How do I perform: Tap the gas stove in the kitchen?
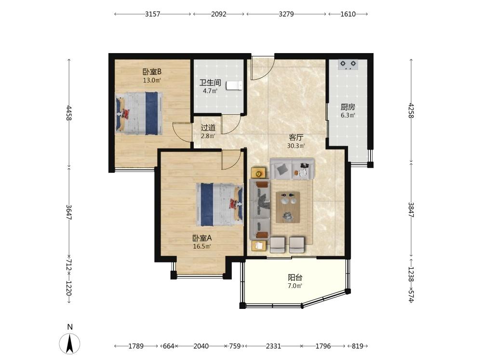pyautogui.click(x=348, y=65)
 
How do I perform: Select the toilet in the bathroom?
pyautogui.click(x=234, y=85)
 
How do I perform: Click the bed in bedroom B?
pyautogui.click(x=139, y=113)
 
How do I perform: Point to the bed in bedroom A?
pyautogui.click(x=219, y=204)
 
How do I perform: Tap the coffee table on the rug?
pyautogui.click(x=288, y=207)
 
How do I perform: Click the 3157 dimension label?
pyautogui.click(x=152, y=14)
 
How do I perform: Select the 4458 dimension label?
pyautogui.click(x=69, y=112)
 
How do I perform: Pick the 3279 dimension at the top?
pyautogui.click(x=286, y=14)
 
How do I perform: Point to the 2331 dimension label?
pyautogui.click(x=273, y=346)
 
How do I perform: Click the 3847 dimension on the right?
pyautogui.click(x=411, y=209)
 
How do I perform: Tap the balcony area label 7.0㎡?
pyautogui.click(x=295, y=286)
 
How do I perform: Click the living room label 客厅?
pyautogui.click(x=296, y=137)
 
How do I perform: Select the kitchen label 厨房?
pyautogui.click(x=348, y=107)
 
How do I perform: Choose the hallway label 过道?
pyautogui.click(x=208, y=127)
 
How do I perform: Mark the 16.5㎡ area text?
pyautogui.click(x=202, y=246)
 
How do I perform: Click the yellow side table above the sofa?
pyautogui.click(x=258, y=173)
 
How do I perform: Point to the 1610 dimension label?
pyautogui.click(x=348, y=14)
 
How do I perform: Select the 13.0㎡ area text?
pyautogui.click(x=152, y=80)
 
